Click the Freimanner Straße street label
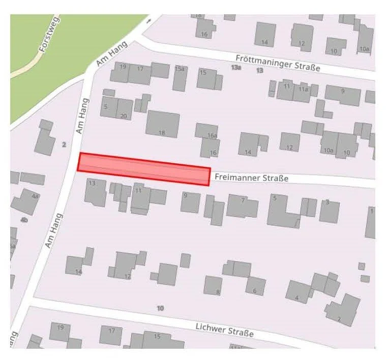point(251,178)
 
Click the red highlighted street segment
point(143,169)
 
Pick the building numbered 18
point(163,124)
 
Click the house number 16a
point(212,135)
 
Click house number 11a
point(304,89)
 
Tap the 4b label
point(24,220)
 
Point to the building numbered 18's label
point(162,133)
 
